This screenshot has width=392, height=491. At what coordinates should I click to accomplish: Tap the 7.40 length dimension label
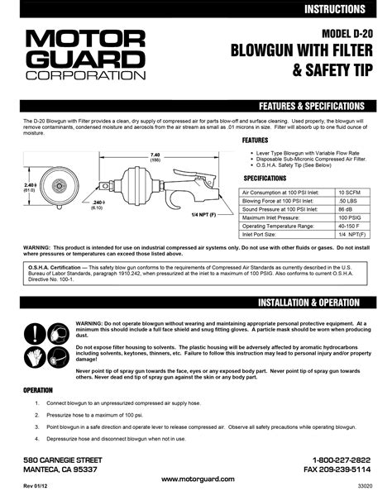(155, 155)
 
